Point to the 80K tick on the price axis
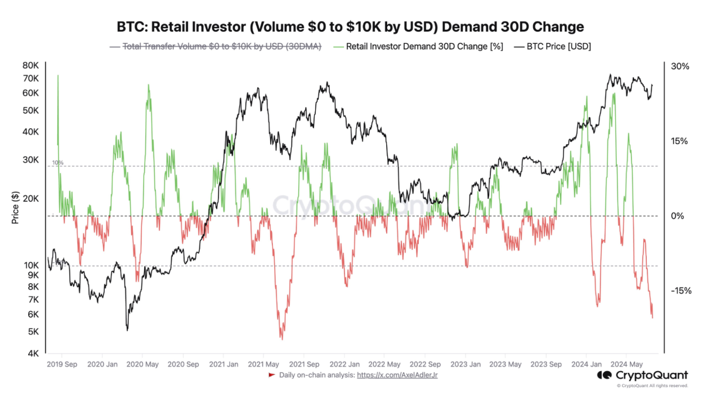[30, 66]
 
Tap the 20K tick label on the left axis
[30, 198]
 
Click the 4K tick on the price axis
[33, 352]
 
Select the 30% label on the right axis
[680, 67]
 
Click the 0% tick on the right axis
[677, 216]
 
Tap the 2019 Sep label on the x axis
[62, 364]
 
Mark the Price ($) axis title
[16, 208]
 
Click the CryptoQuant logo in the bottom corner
[643, 375]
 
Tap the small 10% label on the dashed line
[57, 162]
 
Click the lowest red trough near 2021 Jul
[282, 339]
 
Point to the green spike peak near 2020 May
[148, 84]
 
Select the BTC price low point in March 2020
[127, 330]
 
